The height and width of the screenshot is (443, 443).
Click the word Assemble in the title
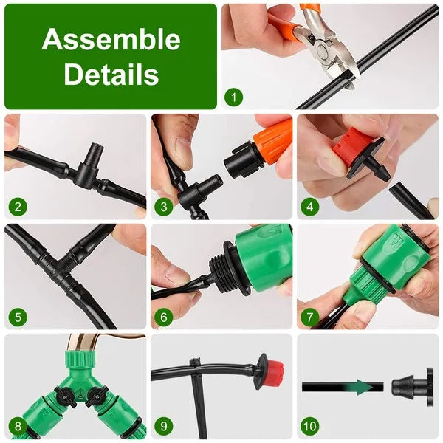tap(111, 39)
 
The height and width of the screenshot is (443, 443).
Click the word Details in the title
tap(111, 74)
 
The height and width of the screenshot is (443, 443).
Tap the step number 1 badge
tap(234, 96)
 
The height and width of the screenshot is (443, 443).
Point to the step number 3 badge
tap(164, 206)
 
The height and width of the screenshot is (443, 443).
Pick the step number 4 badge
tap(310, 206)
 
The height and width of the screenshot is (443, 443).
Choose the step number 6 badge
tap(164, 317)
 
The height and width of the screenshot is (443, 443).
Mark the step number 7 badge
tap(310, 317)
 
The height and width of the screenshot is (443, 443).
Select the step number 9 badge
tap(164, 427)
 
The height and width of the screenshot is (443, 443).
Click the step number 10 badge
tap(311, 427)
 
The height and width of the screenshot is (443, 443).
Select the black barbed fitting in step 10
tap(407, 385)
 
